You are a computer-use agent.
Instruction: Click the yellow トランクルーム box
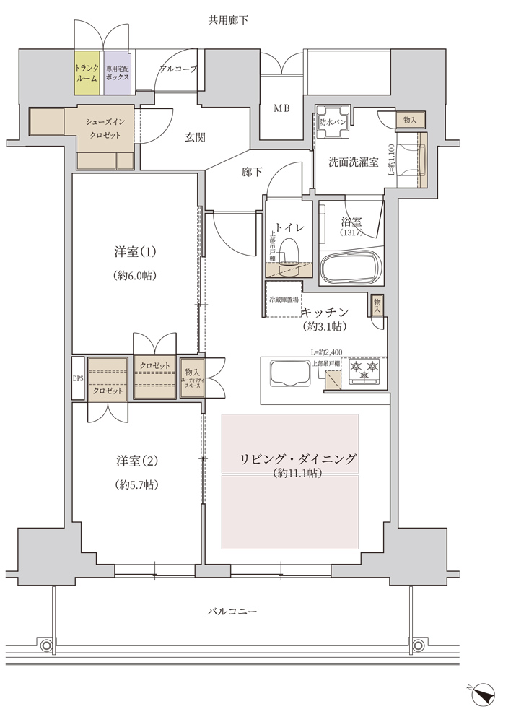(x=87, y=72)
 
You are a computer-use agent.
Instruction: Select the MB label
(x=281, y=109)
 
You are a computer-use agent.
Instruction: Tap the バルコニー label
(x=232, y=611)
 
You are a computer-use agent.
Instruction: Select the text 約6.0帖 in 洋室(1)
(x=136, y=275)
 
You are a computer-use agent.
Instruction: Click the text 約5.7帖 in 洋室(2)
(x=136, y=484)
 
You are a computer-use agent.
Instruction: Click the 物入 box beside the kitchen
(x=377, y=305)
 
